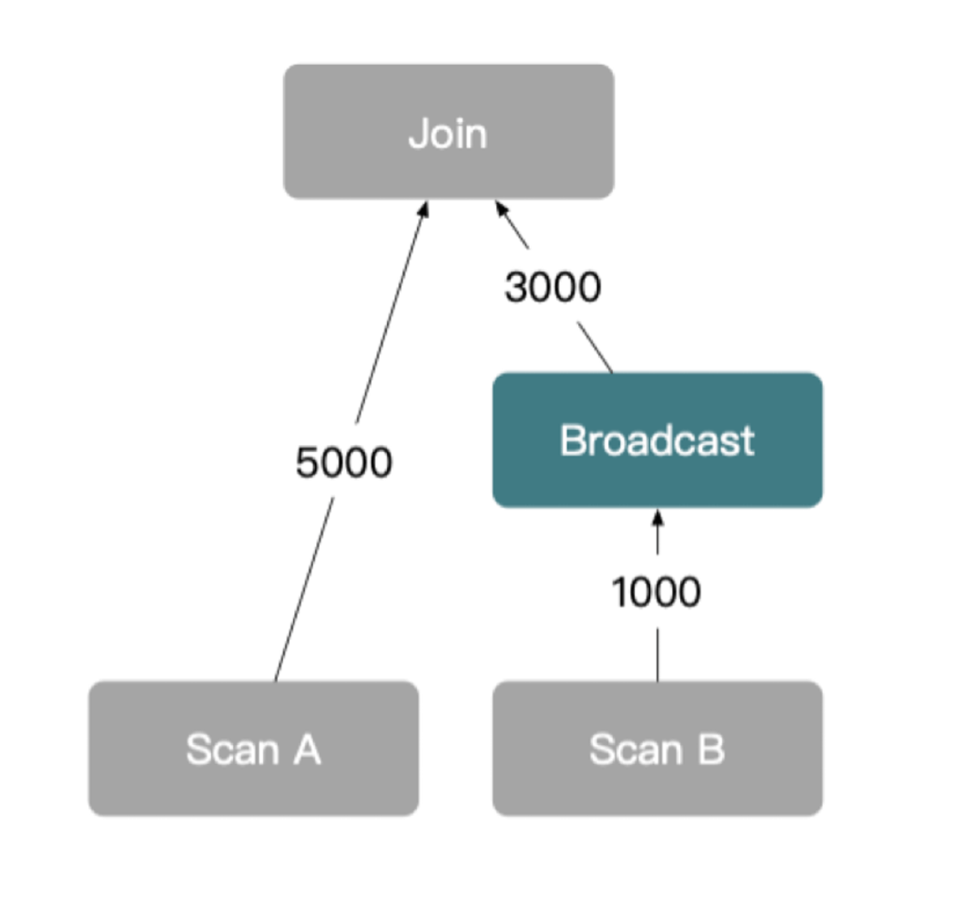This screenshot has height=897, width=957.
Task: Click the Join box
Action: [x=448, y=131]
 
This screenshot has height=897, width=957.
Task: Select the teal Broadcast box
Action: [x=657, y=440]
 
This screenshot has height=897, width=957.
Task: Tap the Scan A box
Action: [x=253, y=749]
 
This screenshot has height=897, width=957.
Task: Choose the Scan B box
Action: [x=657, y=749]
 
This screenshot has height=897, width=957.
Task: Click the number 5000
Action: [x=343, y=463]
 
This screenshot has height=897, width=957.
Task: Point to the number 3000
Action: [x=553, y=288]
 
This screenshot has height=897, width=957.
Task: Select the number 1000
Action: [x=656, y=593]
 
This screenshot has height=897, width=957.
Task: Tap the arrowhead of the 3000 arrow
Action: [x=501, y=208]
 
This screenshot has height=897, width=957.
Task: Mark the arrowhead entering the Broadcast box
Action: [x=657, y=517]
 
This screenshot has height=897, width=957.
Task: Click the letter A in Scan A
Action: [x=306, y=749]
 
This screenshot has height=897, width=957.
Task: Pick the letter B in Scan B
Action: [x=710, y=749]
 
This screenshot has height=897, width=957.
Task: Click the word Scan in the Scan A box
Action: [x=232, y=749]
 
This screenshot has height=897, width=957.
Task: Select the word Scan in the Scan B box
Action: [x=636, y=749]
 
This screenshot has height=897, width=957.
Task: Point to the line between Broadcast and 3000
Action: [x=595, y=347]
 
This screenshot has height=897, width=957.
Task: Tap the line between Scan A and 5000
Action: [x=302, y=592]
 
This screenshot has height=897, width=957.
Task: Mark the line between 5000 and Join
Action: [x=389, y=319]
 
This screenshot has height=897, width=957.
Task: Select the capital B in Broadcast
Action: [x=572, y=440]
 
